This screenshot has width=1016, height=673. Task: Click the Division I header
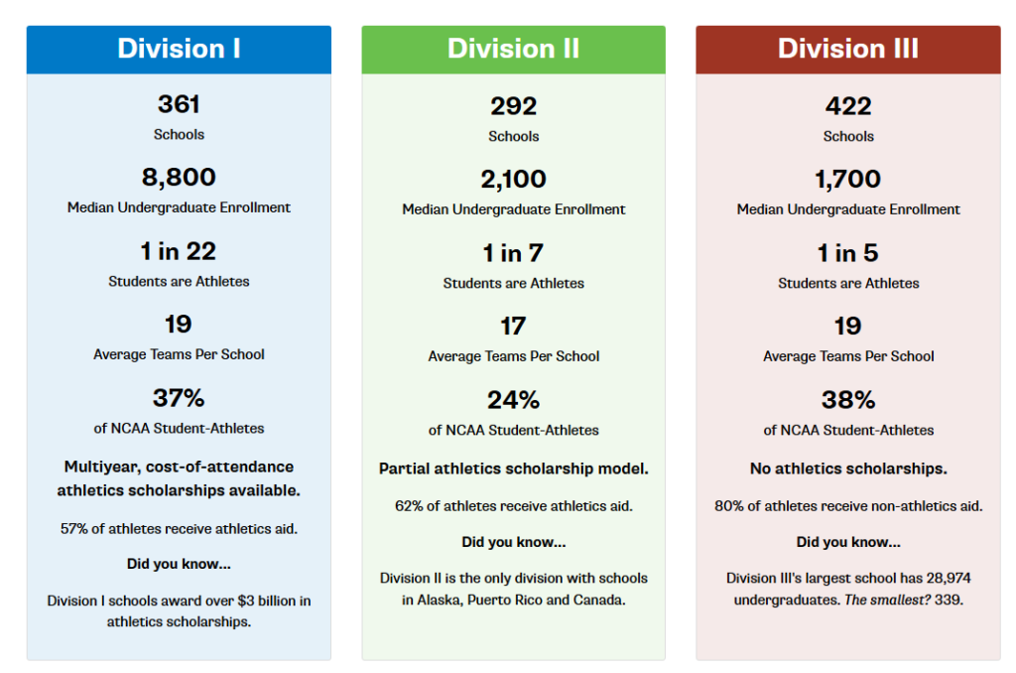click(x=179, y=49)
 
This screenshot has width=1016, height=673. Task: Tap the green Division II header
click(x=513, y=49)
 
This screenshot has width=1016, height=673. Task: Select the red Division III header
click(x=847, y=49)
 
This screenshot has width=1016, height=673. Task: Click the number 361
click(x=179, y=104)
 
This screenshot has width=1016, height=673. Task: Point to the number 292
click(x=513, y=106)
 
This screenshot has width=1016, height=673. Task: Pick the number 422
click(x=847, y=106)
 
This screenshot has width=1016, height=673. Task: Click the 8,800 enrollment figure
click(x=179, y=178)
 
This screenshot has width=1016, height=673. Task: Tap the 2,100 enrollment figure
click(x=513, y=180)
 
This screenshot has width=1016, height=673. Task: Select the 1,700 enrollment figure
click(x=847, y=180)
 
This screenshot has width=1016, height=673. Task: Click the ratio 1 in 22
click(x=179, y=251)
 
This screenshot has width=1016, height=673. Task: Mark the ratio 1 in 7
click(x=513, y=253)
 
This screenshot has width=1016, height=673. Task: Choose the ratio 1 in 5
click(x=847, y=253)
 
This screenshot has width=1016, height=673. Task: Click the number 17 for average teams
click(x=513, y=327)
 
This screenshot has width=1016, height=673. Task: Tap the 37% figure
click(x=179, y=398)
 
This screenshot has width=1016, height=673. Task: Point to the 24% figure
click(x=513, y=400)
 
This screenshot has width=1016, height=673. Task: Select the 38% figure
click(x=847, y=400)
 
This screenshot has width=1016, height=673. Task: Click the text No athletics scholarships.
click(x=847, y=469)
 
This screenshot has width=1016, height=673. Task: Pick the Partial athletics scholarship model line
click(x=513, y=469)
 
